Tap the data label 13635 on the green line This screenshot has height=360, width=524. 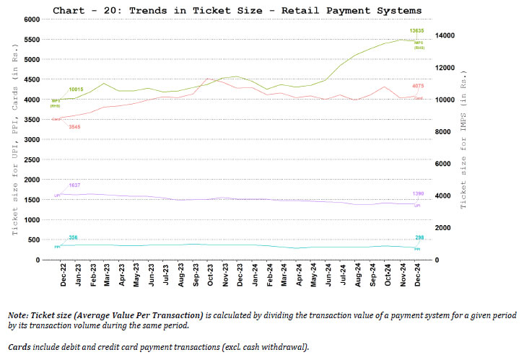click(416, 31)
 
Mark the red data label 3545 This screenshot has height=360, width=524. click(75, 127)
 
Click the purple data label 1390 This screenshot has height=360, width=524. click(419, 194)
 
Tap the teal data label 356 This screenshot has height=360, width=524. click(73, 237)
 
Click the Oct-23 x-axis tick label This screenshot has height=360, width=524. click(211, 275)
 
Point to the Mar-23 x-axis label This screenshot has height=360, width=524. click(107, 275)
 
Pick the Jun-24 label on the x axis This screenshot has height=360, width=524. click(329, 275)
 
